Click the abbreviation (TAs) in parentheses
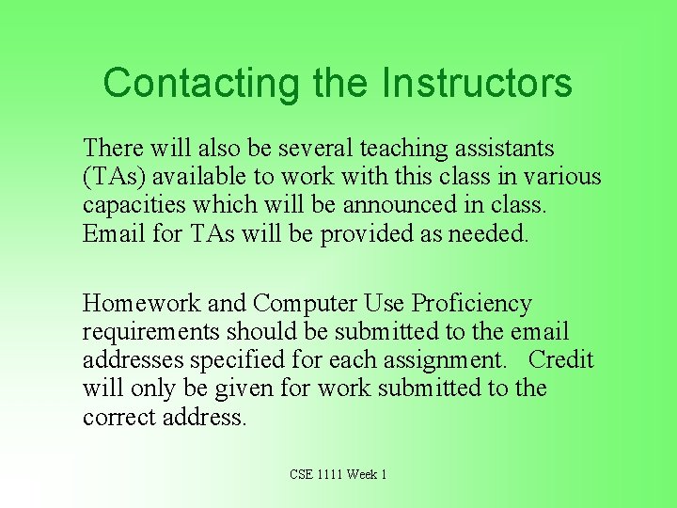[114, 177]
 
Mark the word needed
[490, 233]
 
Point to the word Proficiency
[472, 304]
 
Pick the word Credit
[561, 360]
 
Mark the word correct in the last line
[118, 417]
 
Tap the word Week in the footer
[362, 474]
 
